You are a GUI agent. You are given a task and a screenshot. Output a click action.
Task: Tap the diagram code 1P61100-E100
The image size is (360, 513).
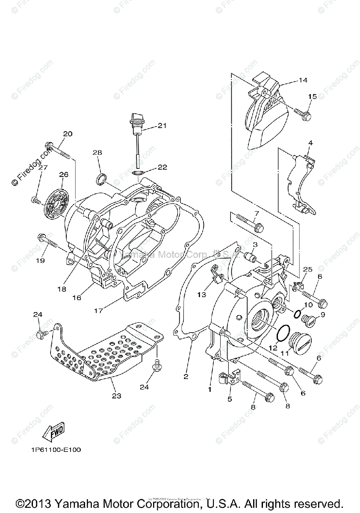point(56,450)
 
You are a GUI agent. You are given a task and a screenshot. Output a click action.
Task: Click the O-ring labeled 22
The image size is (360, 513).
point(138,173)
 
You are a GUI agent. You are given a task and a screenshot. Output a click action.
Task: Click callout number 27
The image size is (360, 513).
point(42,168)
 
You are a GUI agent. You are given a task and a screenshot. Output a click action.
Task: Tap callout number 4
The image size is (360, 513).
point(310,143)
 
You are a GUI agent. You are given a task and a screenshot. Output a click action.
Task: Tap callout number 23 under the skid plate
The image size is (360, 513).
point(116,396)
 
